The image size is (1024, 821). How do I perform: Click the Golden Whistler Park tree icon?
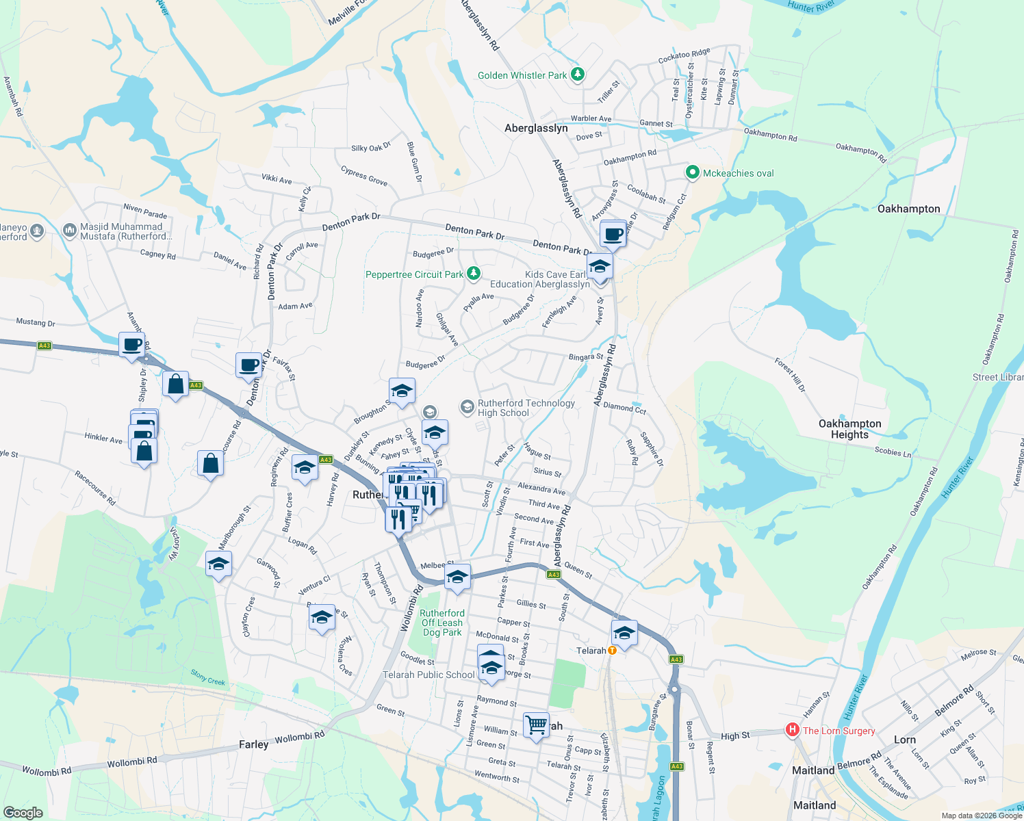pos(578,74)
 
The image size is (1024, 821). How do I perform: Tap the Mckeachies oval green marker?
pos(692,173)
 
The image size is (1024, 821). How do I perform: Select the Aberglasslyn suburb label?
pos(536,128)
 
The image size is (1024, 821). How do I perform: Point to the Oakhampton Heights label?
pos(849,429)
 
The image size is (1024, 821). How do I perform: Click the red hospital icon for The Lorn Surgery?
pos(793,730)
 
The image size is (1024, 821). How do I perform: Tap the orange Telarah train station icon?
pos(613,651)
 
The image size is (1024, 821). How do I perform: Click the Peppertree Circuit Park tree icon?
pos(473,274)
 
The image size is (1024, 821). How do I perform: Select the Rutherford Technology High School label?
pos(526,408)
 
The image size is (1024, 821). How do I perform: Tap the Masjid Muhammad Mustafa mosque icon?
pos(69,231)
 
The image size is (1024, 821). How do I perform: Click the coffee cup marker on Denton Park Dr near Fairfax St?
pos(249,365)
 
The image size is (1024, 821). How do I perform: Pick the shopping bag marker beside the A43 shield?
pos(176,385)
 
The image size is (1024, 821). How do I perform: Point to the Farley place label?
pos(253,744)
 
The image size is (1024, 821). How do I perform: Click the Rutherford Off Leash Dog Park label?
pos(442,623)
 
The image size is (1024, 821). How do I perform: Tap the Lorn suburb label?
pos(904,740)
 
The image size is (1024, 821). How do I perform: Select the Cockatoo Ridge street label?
pos(684,56)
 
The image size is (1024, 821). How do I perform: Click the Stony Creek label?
pos(207,677)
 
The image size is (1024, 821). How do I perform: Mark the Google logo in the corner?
pos(23,813)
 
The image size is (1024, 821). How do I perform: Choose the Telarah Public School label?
pos(428,675)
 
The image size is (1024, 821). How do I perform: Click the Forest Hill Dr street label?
pos(790,374)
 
